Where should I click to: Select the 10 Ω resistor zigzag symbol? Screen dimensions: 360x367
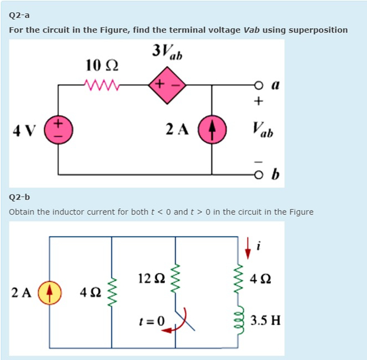click(x=100, y=85)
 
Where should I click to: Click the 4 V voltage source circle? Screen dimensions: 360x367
click(x=59, y=131)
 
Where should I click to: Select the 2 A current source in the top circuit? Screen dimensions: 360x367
click(x=213, y=131)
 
